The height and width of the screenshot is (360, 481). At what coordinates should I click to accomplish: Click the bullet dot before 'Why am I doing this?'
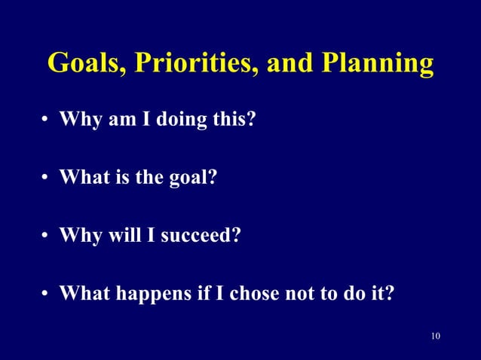(x=46, y=121)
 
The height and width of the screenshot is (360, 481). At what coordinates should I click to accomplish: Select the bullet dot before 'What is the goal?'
(x=46, y=178)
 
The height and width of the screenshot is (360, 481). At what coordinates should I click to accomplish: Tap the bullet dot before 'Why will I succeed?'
(x=46, y=236)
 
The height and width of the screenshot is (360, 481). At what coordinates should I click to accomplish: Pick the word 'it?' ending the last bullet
(x=381, y=292)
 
